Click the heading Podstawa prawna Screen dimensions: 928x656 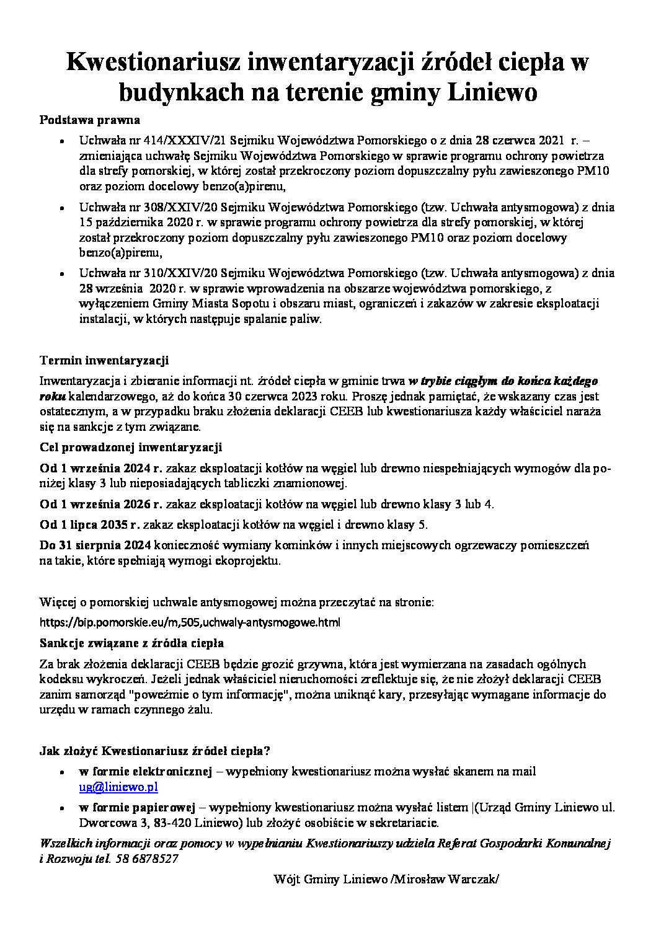pos(90,120)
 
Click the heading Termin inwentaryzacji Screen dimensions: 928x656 pos(104,360)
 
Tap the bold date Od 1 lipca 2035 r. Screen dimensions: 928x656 pos(89,525)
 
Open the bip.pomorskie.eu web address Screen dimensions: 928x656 pos(190,622)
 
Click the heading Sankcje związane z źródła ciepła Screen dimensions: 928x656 pos(131,643)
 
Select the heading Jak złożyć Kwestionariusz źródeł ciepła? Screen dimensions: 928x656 pos(154,751)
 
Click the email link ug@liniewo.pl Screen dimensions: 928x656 pos(118,787)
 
